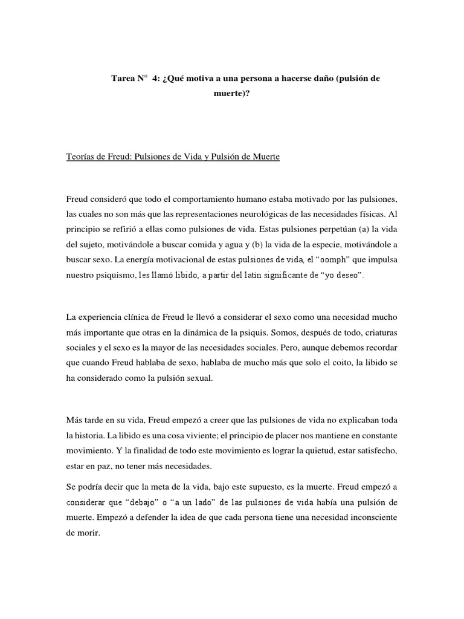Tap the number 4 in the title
tap(155, 79)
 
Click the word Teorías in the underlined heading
tap(82, 157)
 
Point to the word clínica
tap(143, 317)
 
